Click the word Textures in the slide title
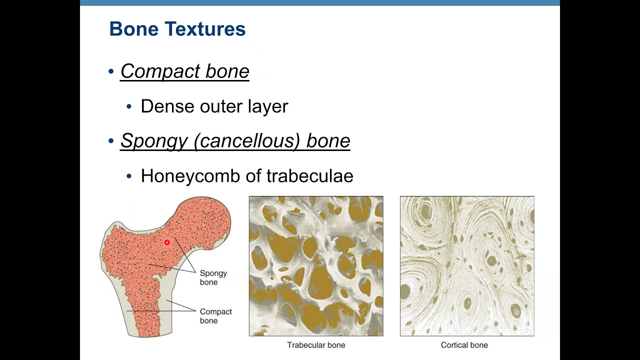(206, 29)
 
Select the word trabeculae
(309, 176)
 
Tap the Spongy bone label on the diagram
(213, 277)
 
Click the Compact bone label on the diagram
(215, 316)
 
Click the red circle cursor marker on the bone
(167, 242)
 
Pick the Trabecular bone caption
(316, 345)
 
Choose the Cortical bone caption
(464, 345)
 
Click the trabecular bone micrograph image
(316, 266)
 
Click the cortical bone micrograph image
(467, 266)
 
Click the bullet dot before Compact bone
(111, 71)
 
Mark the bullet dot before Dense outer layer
(129, 106)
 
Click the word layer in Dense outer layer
(268, 106)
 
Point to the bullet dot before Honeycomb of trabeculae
(129, 176)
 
